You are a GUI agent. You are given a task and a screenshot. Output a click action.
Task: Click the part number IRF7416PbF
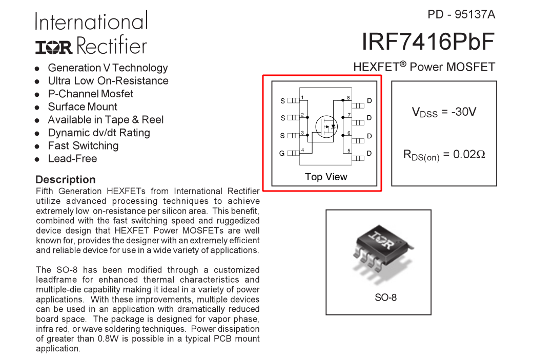(428, 42)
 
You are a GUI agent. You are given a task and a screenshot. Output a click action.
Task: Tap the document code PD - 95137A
(461, 15)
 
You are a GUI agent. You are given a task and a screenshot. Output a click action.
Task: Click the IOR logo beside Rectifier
(54, 48)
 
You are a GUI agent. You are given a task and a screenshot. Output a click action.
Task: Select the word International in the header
(91, 21)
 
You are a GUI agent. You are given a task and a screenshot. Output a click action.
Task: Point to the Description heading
(65, 179)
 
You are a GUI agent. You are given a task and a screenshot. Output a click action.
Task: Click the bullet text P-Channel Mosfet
(90, 94)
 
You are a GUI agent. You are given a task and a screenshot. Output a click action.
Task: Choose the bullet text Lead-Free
(72, 159)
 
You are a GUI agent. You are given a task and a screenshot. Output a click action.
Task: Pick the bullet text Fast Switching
(83, 146)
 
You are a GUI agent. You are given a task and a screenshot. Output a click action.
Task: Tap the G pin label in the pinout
(282, 154)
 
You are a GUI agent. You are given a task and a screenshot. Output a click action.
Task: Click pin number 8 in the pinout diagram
(348, 98)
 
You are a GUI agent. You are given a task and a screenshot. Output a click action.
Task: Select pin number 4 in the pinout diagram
(302, 150)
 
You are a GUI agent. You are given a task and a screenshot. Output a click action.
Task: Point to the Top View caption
(326, 177)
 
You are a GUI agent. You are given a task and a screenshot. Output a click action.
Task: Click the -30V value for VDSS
(464, 112)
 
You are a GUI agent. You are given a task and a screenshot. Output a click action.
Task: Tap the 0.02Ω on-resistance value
(469, 155)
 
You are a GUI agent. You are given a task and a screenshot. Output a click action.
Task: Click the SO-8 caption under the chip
(385, 298)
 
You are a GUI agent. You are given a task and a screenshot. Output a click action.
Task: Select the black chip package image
(383, 247)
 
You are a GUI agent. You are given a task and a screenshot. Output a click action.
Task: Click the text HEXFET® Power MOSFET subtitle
(424, 67)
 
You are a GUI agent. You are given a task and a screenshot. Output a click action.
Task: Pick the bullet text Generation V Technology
(108, 68)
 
